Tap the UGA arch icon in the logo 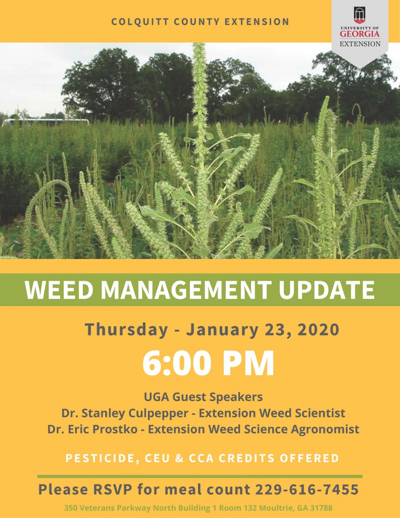(360, 15)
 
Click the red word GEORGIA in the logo (360, 34)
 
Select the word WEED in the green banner (60, 290)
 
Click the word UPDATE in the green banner (326, 290)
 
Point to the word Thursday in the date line (126, 330)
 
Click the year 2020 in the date (318, 330)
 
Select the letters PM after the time (248, 363)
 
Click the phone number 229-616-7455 (307, 490)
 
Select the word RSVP (113, 490)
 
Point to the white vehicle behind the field (45, 122)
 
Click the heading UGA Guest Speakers (204, 397)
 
